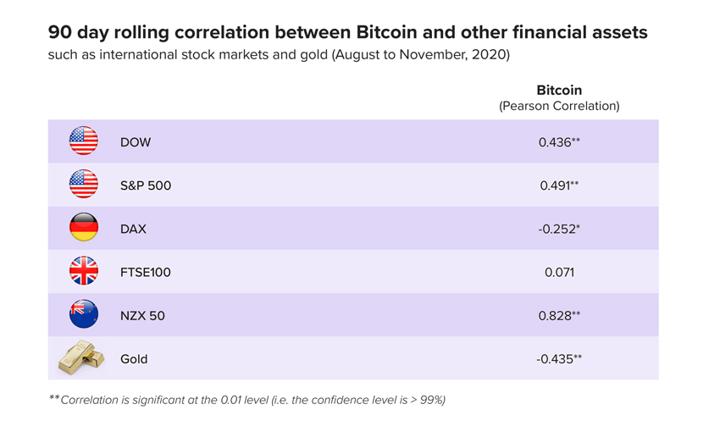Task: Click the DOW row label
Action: point(136,142)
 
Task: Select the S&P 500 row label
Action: point(146,186)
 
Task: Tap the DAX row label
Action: point(134,229)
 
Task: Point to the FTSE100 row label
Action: point(146,273)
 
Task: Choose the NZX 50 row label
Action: point(142,316)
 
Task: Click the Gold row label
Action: point(134,359)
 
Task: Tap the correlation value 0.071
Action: point(559,273)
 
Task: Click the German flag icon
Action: point(84,228)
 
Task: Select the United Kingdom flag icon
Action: point(84,271)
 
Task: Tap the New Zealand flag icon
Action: point(84,315)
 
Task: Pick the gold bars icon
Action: point(81,357)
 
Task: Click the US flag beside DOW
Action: point(84,141)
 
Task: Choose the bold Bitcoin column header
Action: point(559,91)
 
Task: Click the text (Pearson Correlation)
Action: point(559,107)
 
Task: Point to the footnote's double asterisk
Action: point(54,399)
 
